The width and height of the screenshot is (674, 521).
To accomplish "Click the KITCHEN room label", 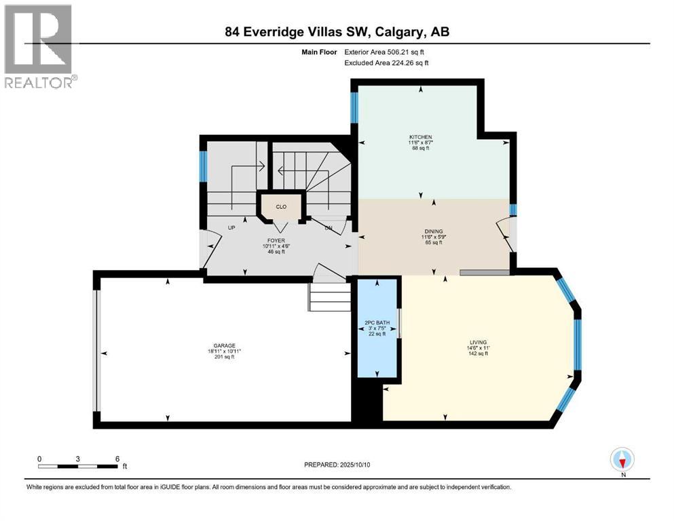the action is tap(420, 137).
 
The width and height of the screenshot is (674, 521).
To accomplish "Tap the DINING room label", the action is tap(433, 231).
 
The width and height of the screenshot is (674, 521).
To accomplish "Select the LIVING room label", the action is tap(478, 343).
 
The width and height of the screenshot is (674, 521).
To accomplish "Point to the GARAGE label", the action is tap(225, 345).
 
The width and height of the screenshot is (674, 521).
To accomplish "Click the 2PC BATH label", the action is tap(377, 322).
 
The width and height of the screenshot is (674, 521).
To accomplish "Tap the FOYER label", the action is tap(276, 241).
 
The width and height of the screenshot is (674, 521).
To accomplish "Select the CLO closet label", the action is tap(281, 207).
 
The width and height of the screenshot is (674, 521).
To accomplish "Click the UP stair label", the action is tap(231, 228).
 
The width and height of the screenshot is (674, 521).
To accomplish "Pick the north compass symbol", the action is tap(622, 459).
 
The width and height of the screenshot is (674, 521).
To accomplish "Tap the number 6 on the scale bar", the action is tap(117, 459).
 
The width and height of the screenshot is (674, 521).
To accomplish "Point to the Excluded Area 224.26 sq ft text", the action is tap(386, 62).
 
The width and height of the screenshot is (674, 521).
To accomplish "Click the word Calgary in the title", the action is tap(397, 32).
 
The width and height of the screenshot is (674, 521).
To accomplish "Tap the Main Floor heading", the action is tap(319, 52).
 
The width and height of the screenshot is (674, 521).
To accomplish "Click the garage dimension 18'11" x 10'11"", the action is tap(225, 351).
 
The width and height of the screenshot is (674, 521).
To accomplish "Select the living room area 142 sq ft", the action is tap(478, 353).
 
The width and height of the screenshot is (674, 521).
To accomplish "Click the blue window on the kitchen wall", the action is tap(354, 107).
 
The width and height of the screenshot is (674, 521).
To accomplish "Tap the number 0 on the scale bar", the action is tap(39, 459).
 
